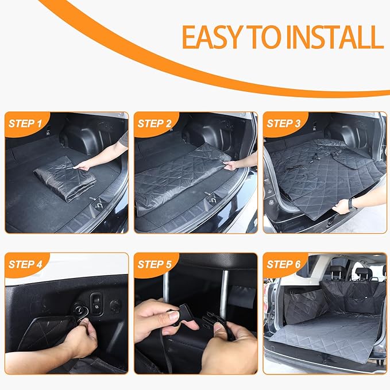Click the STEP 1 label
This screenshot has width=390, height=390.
[x=25, y=123]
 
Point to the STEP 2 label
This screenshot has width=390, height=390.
[x=155, y=123]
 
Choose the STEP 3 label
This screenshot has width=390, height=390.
[x=283, y=123]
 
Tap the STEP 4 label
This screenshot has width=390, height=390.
[x=25, y=264]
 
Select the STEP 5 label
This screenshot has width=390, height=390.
[x=155, y=264]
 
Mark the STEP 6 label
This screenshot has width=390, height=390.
[x=283, y=264]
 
